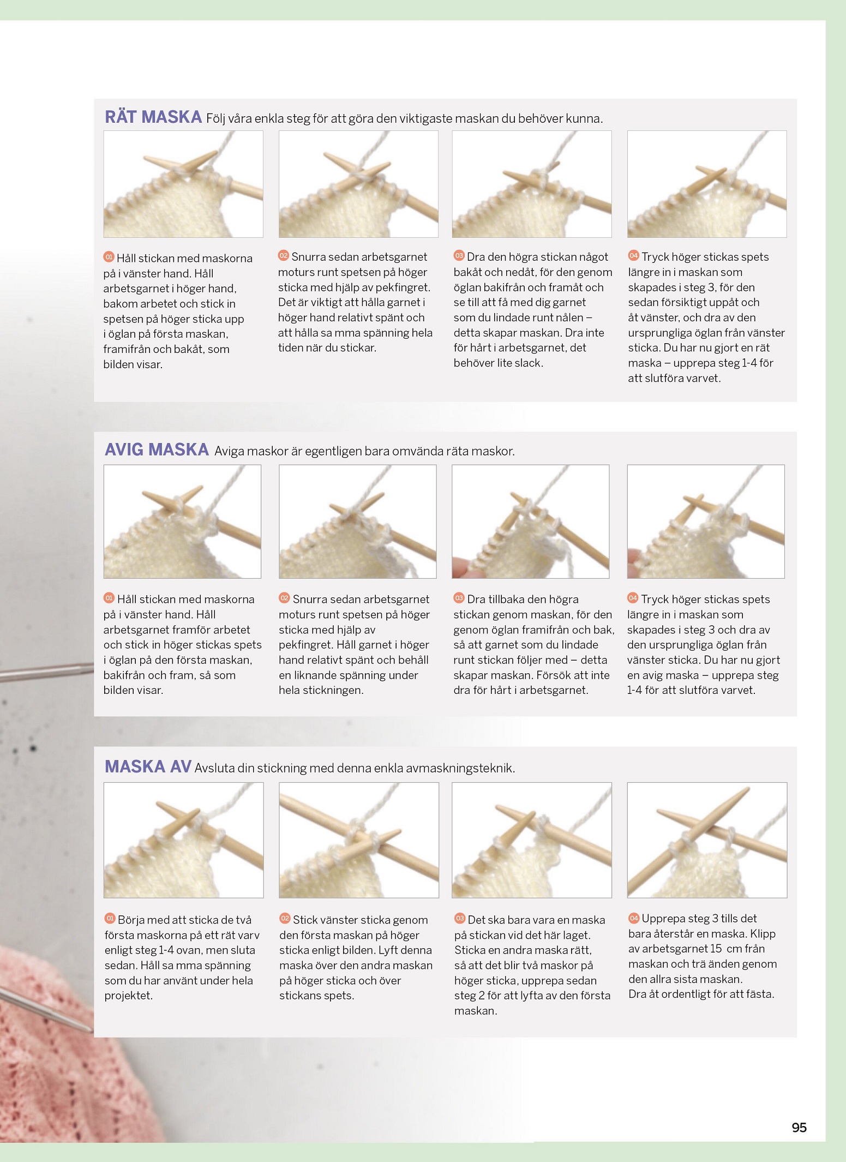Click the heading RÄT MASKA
click(x=153, y=117)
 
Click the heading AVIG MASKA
click(x=157, y=450)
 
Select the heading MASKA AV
click(x=148, y=766)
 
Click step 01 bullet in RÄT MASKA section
click(x=109, y=257)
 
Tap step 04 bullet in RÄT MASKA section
click(x=633, y=256)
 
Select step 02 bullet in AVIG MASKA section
click(x=284, y=598)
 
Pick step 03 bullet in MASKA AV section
click(x=460, y=919)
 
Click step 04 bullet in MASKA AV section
click(x=634, y=918)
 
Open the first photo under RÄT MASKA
click(x=183, y=184)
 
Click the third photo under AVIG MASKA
click(x=531, y=522)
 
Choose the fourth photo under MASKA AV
click(x=707, y=840)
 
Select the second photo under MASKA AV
click(x=359, y=840)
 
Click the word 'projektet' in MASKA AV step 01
click(x=129, y=996)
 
